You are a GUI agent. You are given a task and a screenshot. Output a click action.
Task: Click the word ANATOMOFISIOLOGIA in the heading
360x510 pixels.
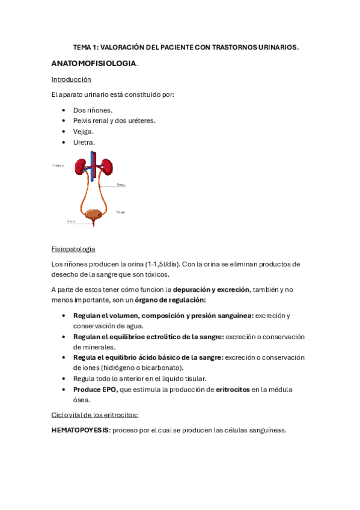(94, 63)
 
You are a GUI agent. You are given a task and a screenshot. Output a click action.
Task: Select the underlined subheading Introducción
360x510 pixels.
(71, 79)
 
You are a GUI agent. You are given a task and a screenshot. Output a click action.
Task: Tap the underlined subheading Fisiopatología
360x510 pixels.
(73, 249)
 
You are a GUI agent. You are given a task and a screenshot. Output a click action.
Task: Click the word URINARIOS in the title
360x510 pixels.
(277, 47)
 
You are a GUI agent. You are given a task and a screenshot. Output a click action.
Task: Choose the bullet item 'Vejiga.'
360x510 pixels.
(84, 131)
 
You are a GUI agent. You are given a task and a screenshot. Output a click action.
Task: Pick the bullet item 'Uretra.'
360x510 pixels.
(84, 142)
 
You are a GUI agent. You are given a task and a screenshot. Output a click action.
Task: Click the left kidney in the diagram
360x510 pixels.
(81, 167)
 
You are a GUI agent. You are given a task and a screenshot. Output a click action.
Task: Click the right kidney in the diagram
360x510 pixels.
(108, 167)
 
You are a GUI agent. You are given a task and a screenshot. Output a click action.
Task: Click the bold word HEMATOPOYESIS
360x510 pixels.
(80, 430)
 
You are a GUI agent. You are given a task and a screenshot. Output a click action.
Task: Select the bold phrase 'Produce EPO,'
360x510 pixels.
(95, 390)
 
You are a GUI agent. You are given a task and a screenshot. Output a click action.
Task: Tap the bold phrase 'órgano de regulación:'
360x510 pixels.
(170, 300)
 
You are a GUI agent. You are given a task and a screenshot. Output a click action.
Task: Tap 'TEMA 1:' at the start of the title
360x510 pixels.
(85, 47)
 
